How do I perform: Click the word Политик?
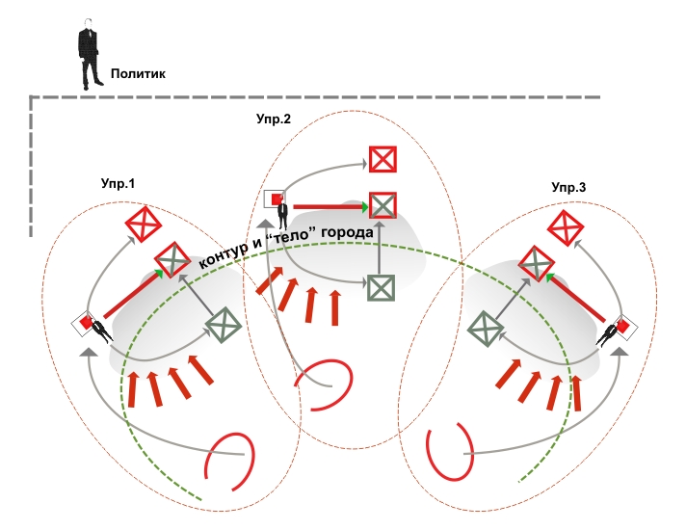click(x=138, y=73)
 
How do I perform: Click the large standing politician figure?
click(x=90, y=54)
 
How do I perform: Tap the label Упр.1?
click(x=119, y=183)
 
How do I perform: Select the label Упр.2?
click(x=274, y=119)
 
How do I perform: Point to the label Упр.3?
click(x=568, y=187)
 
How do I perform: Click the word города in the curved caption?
click(x=348, y=232)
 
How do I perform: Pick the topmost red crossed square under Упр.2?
click(x=383, y=159)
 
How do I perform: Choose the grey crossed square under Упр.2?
click(x=381, y=287)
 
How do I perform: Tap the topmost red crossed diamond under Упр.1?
click(x=144, y=224)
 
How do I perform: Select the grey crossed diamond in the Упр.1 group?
click(x=224, y=325)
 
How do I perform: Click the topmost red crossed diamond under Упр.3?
click(x=566, y=227)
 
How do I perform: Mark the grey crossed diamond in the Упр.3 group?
click(x=486, y=329)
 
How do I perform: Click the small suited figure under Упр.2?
click(x=283, y=215)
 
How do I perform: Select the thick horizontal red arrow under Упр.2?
click(x=331, y=206)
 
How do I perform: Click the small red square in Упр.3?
click(x=622, y=327)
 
